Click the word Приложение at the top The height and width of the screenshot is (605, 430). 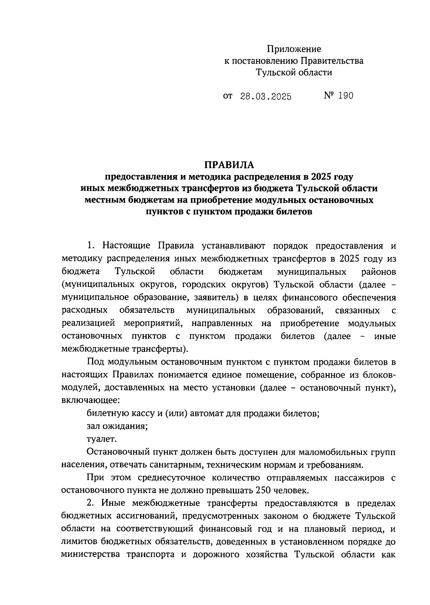pyautogui.click(x=294, y=49)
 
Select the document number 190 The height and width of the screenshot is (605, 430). pyautogui.click(x=345, y=96)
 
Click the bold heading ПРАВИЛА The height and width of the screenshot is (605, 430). pyautogui.click(x=229, y=165)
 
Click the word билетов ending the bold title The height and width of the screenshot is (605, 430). pyautogui.click(x=292, y=212)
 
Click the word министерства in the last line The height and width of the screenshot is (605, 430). pyautogui.click(x=91, y=555)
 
